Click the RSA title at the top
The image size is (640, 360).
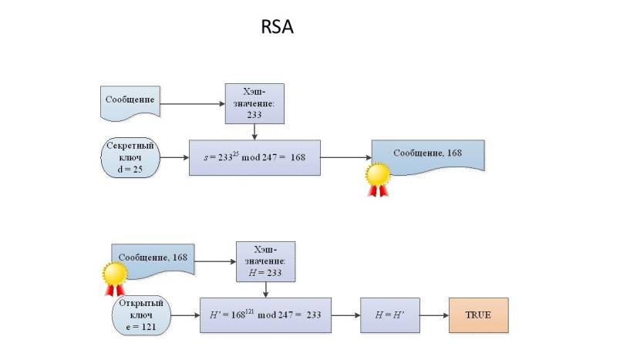[278, 28]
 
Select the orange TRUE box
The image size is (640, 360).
[480, 315]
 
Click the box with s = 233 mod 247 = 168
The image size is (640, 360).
[254, 157]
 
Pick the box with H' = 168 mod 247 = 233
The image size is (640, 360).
[265, 315]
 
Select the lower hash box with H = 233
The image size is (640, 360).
[265, 261]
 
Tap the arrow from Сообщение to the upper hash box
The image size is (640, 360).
[193, 103]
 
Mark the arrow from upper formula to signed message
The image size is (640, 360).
[345, 157]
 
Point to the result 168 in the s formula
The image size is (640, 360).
[298, 157]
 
